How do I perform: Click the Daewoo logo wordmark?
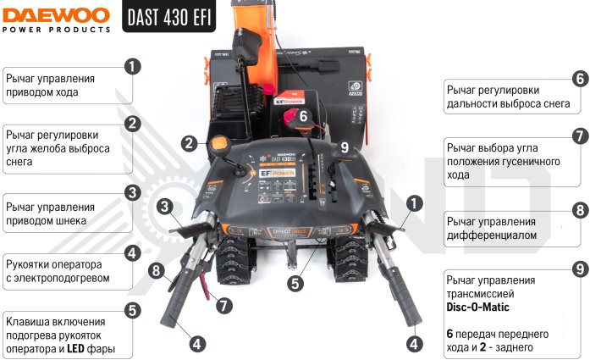(x=56, y=16)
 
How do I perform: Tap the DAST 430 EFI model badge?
(x=169, y=16)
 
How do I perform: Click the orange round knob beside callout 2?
(x=219, y=144)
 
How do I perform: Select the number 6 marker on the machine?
(x=303, y=116)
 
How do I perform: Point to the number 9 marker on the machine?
(x=345, y=147)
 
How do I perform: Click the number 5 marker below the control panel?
(x=295, y=284)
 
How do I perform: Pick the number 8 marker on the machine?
(x=157, y=270)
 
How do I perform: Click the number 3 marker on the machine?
(x=165, y=206)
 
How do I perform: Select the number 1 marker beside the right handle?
(x=414, y=204)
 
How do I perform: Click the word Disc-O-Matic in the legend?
(x=477, y=307)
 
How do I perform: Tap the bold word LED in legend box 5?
(x=75, y=349)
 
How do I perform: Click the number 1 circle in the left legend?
(x=132, y=67)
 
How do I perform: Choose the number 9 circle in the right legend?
(x=580, y=269)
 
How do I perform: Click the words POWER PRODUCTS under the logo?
(x=56, y=30)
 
